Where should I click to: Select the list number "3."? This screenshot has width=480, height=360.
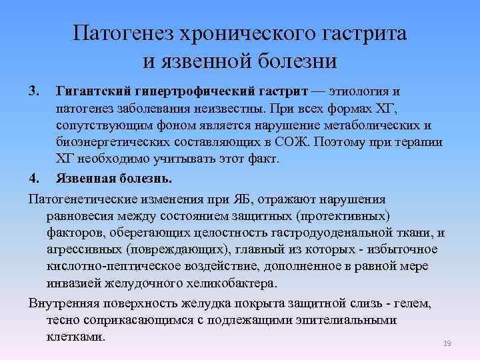click(35, 90)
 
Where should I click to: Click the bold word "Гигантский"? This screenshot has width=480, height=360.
click(89, 90)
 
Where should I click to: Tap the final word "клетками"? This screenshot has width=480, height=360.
click(75, 337)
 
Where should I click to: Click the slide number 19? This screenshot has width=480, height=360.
click(447, 343)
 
